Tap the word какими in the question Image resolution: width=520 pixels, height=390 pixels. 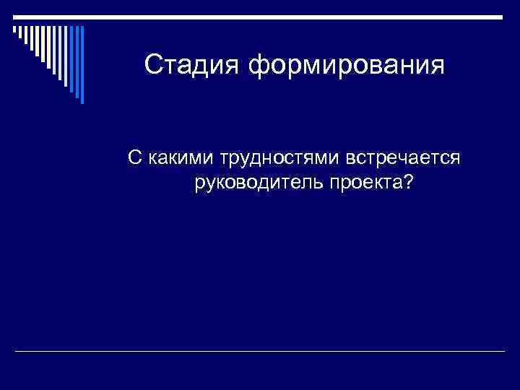click(x=178, y=157)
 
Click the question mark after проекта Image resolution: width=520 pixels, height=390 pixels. click(x=409, y=182)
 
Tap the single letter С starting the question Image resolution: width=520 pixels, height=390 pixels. click(x=134, y=157)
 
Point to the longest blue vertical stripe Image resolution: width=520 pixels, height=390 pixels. click(x=81, y=65)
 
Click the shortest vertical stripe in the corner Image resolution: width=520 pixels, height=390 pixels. click(x=14, y=30)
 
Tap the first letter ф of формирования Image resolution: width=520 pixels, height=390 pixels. click(x=259, y=66)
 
